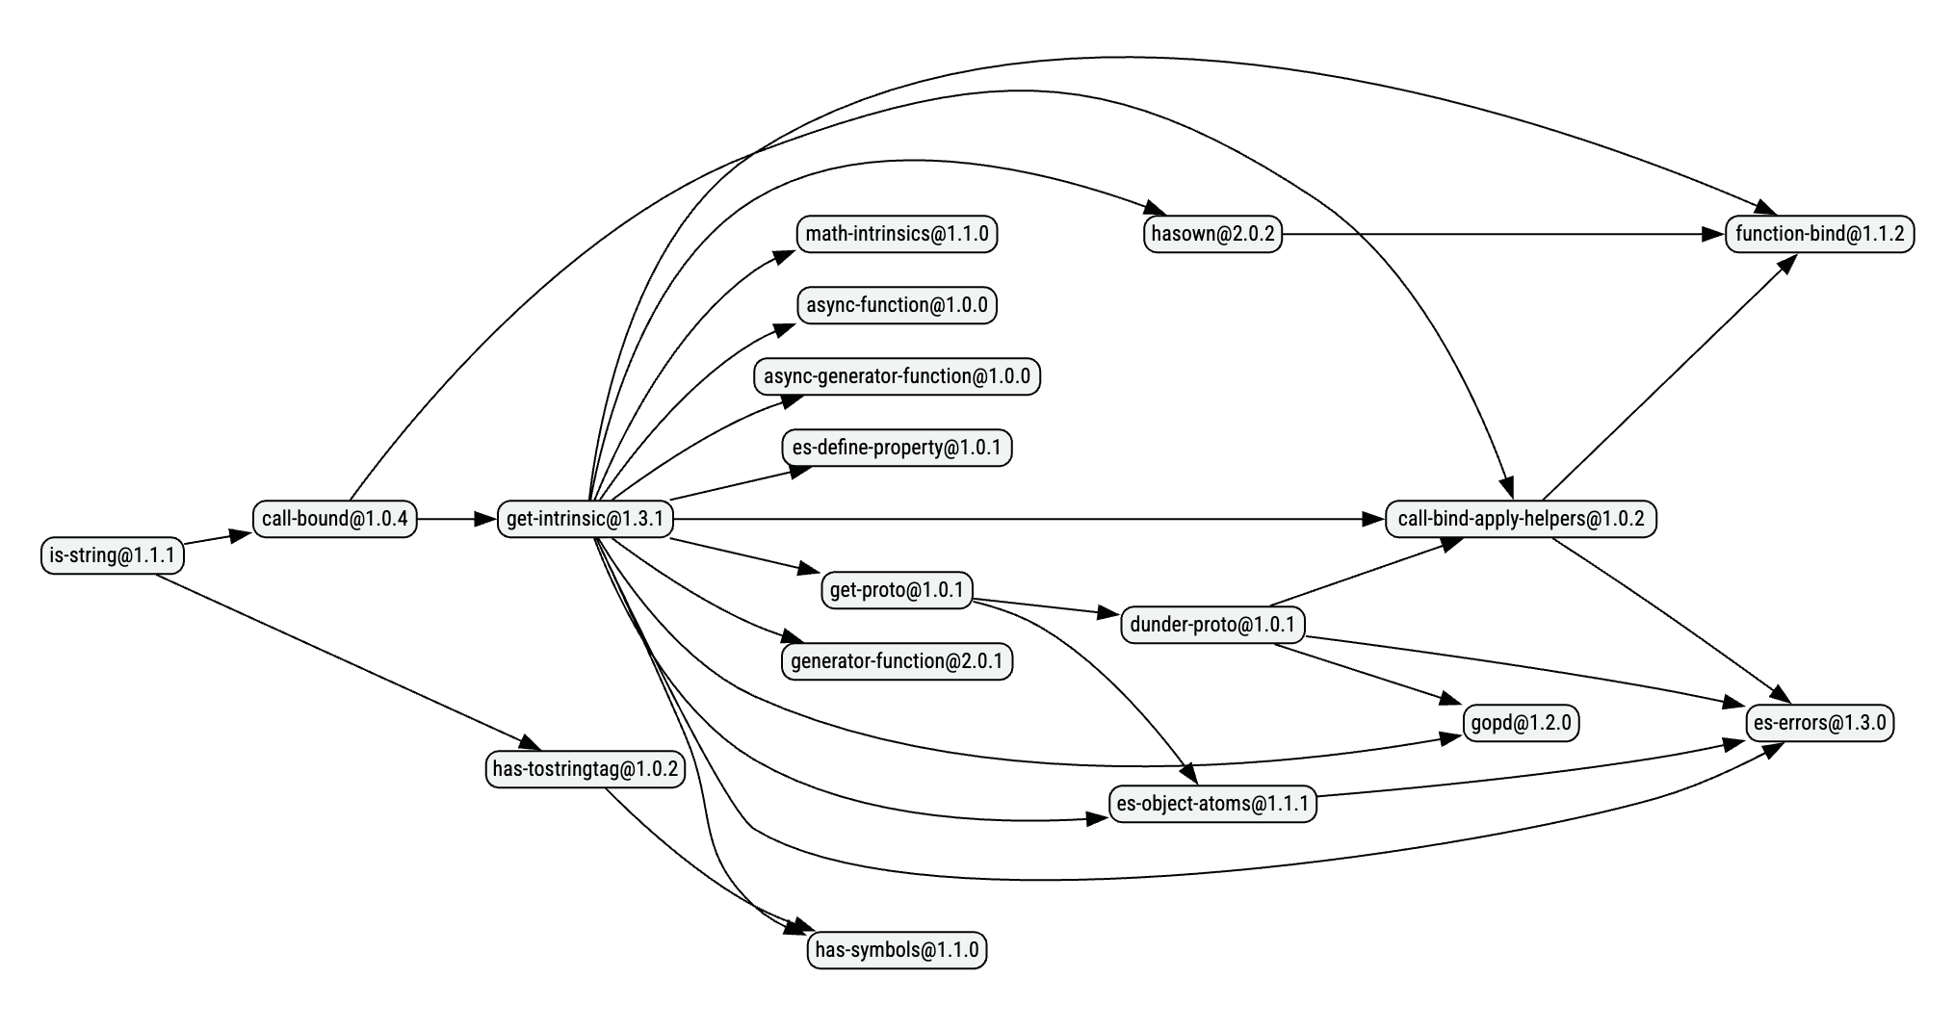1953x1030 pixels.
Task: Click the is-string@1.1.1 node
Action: tap(112, 555)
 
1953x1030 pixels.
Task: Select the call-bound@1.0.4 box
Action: tap(334, 519)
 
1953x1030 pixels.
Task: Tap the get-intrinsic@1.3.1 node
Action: tap(585, 519)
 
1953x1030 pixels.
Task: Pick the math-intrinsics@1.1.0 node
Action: tap(897, 234)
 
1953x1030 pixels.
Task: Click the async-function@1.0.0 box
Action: tap(897, 305)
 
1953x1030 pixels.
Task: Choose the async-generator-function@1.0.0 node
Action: tap(897, 376)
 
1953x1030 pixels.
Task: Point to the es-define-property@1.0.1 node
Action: tap(897, 448)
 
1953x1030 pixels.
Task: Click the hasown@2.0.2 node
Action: tap(1212, 234)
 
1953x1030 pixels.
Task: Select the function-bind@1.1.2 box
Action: tap(1819, 234)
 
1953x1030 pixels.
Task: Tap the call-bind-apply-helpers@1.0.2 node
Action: tap(1521, 519)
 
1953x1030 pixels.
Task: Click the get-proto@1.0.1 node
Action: tap(897, 589)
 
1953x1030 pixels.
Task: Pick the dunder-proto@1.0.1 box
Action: tap(1212, 625)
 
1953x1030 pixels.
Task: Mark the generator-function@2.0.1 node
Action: tap(897, 661)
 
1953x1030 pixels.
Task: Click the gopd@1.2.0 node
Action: tap(1521, 722)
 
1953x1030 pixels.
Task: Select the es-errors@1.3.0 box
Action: tap(1819, 722)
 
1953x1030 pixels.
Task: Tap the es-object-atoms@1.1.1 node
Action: tap(1212, 803)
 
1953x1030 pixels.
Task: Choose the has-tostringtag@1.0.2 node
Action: tap(585, 769)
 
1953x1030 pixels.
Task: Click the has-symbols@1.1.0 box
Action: tap(897, 950)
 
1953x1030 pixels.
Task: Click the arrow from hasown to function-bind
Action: tap(1502, 234)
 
